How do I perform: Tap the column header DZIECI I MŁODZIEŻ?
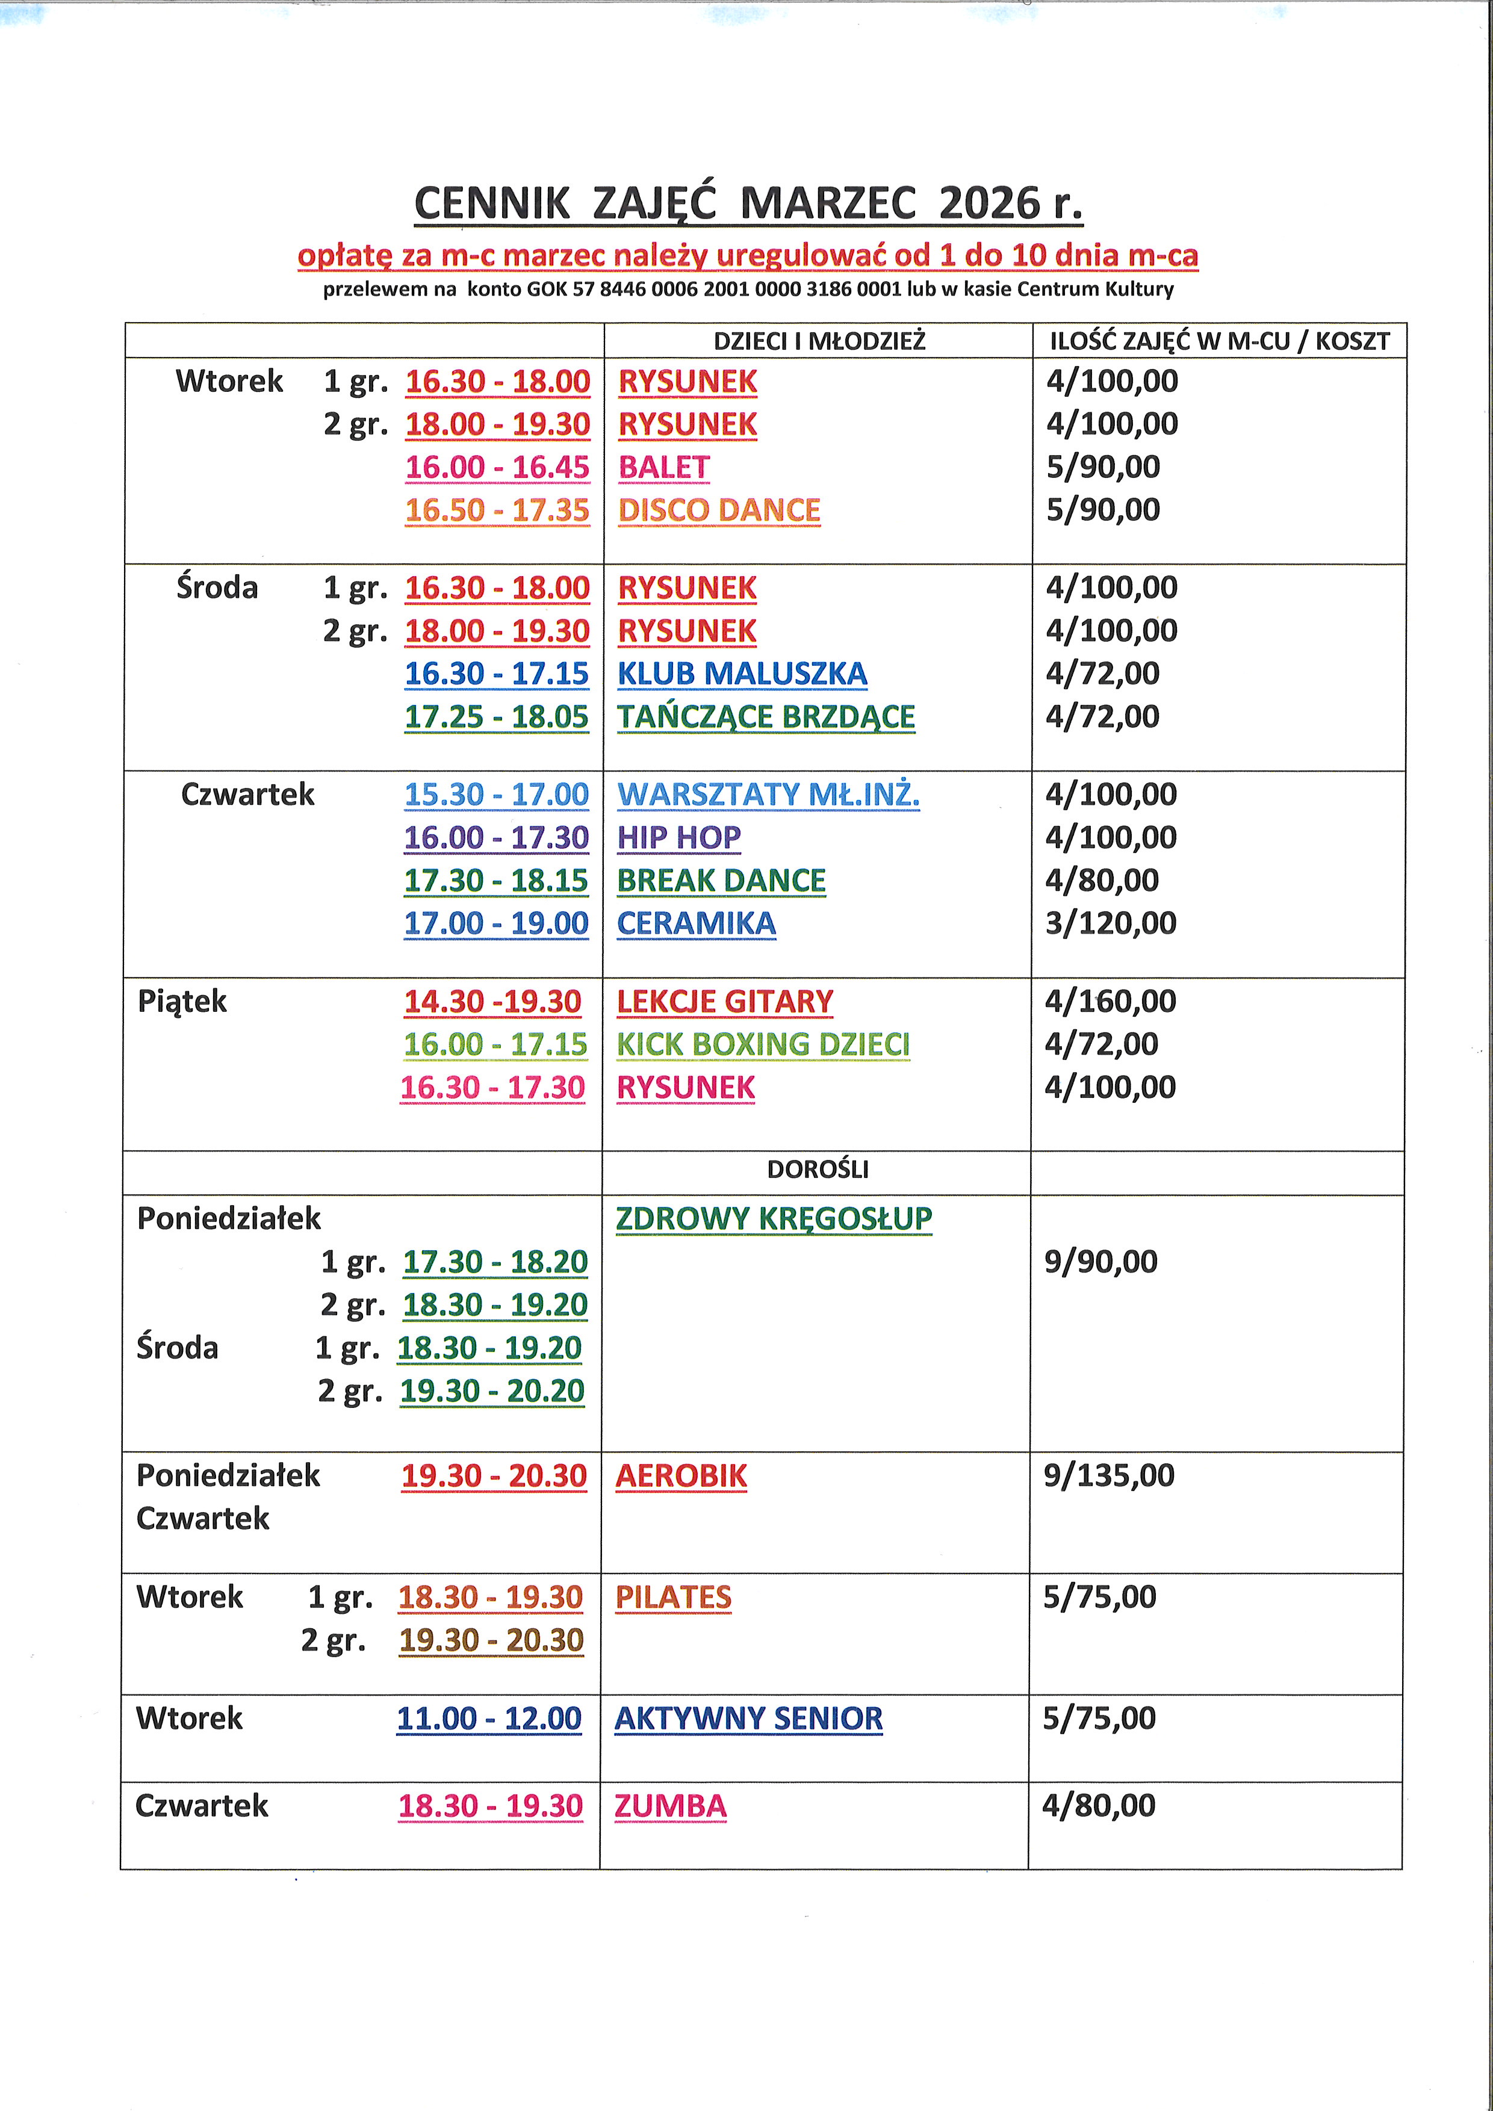[x=819, y=341]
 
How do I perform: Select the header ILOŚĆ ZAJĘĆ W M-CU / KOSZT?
[x=1219, y=341]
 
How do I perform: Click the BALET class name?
[x=664, y=467]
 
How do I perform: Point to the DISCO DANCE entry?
[x=719, y=510]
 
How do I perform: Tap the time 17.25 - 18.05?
[x=497, y=717]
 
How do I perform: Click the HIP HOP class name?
[x=678, y=837]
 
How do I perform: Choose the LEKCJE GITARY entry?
[x=724, y=1001]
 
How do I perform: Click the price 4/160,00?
[x=1110, y=1001]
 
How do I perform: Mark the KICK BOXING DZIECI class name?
[x=763, y=1044]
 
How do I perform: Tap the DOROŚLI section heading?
[x=818, y=1170]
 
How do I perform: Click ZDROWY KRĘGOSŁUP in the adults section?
[x=773, y=1218]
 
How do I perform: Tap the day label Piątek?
[x=182, y=1001]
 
